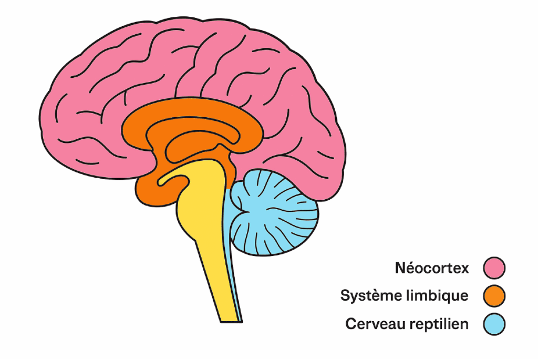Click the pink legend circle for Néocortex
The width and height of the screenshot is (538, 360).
point(494,268)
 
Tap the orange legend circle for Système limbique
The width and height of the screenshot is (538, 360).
point(494,295)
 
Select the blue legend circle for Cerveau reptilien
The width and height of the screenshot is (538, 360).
point(494,324)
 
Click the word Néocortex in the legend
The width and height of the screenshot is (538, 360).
point(432,268)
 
